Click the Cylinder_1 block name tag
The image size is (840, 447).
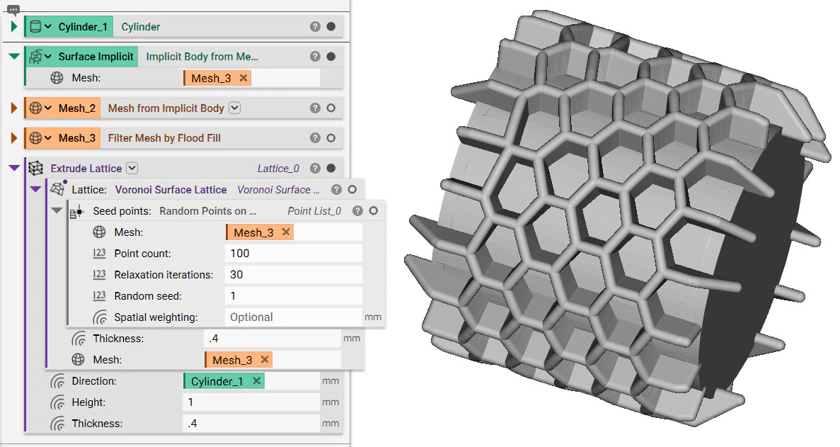83,27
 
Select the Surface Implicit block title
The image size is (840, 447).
96,57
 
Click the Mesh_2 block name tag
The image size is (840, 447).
76,108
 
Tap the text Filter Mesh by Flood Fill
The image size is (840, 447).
164,138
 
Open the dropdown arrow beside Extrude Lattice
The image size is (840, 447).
132,169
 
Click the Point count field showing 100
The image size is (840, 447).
293,254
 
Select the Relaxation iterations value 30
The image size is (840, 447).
293,275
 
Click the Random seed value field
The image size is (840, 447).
293,296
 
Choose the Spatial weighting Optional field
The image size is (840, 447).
293,317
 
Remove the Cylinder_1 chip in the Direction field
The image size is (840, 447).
257,381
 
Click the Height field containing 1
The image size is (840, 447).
251,402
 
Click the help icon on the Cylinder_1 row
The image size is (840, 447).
315,27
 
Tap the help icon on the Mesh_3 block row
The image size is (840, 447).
315,138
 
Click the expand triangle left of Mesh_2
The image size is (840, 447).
14,108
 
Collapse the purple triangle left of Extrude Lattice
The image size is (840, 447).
13,169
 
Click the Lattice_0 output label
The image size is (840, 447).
278,169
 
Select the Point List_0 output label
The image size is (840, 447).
314,211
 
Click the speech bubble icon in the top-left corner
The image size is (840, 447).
13,9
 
